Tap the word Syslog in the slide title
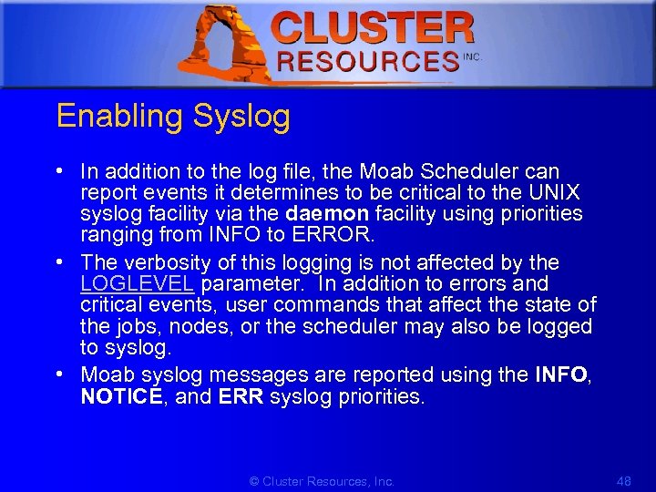tap(241, 117)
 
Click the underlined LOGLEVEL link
tap(137, 283)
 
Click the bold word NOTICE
tap(121, 396)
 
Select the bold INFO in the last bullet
tap(560, 374)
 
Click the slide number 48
tap(624, 480)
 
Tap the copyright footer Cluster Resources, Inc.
tap(322, 480)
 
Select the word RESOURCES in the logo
tap(367, 62)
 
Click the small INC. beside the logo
tap(472, 56)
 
